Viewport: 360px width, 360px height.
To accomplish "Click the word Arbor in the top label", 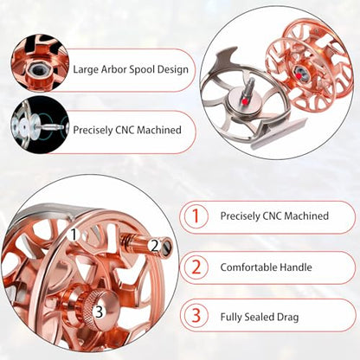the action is click(113, 69).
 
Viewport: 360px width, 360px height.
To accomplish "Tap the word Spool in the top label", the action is click(140, 70).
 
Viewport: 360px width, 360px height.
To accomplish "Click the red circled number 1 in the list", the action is click(196, 216).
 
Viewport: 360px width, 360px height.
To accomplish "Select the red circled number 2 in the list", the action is click(196, 267).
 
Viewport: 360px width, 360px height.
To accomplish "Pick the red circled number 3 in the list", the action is click(196, 316).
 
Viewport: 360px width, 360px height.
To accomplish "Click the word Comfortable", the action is click(246, 267).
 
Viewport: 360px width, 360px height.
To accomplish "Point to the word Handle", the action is click(293, 267).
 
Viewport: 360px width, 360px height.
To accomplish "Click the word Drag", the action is click(288, 318).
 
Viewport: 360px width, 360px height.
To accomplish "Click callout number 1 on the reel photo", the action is click(74, 235).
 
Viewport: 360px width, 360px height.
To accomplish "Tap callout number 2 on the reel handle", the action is click(155, 247).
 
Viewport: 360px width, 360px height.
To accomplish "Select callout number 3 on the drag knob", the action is click(99, 312).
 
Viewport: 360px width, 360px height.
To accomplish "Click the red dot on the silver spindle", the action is click(245, 101).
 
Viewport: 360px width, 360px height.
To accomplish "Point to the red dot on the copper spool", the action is click(299, 76).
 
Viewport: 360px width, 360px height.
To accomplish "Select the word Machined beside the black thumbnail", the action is click(159, 130).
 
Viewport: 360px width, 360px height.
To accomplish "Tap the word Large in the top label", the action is click(86, 70).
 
